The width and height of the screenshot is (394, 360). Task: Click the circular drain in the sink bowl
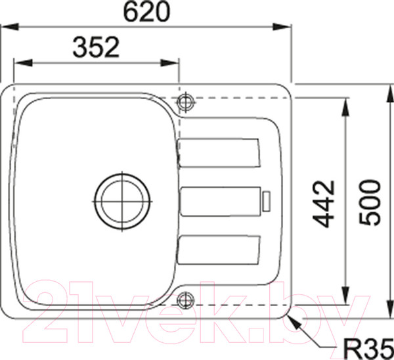click(121, 199)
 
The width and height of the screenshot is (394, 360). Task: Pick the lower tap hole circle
click(186, 300)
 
